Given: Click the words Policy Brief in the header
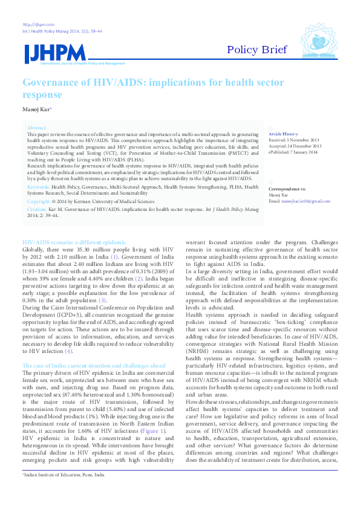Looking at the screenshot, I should pyautogui.click(x=257, y=50).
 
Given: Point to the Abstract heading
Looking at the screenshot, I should pyautogui.click(x=36, y=128).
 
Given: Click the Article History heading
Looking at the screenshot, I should pyautogui.click(x=283, y=133).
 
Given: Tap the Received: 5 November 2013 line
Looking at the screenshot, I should pyautogui.click(x=295, y=140).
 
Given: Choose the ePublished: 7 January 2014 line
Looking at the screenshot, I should pyautogui.click(x=293, y=152).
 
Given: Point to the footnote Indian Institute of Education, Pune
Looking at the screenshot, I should pyautogui.click(x=60, y=492).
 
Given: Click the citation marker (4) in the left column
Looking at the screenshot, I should pyautogui.click(x=69, y=334).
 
